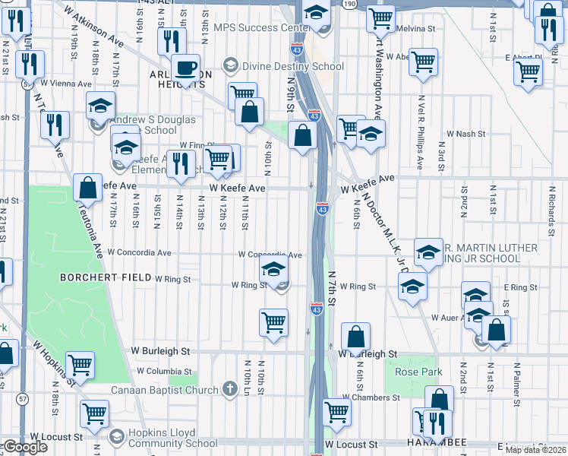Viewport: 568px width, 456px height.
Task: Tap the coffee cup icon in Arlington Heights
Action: tap(185, 68)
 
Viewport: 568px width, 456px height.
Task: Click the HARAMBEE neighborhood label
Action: tap(463, 444)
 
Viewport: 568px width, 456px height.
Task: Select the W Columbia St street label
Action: tap(164, 371)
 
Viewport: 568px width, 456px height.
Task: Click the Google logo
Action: tap(25, 447)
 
